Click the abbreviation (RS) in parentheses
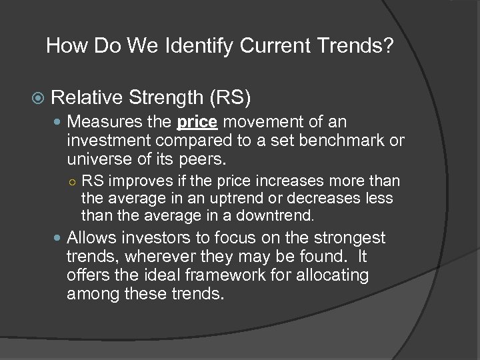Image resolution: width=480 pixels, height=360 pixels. [x=230, y=99]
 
